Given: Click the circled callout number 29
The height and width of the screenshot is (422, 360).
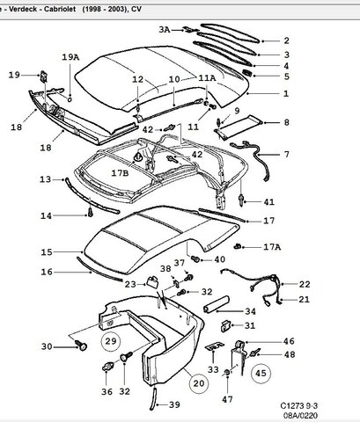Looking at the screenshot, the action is (x=111, y=341).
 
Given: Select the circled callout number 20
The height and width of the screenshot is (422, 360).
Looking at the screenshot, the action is (x=199, y=383).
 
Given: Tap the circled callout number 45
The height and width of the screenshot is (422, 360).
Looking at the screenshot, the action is (x=261, y=373).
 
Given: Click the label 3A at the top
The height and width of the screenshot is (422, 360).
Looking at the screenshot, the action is (x=165, y=30).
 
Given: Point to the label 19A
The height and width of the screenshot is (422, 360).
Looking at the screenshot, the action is (x=70, y=57).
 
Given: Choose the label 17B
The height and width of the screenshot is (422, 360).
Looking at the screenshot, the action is (x=120, y=173).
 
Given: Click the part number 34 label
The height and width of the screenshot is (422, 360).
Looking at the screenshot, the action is (x=250, y=311).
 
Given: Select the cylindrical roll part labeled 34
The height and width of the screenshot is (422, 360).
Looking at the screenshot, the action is (x=217, y=304).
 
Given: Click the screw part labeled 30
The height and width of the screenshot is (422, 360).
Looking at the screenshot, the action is (x=81, y=346).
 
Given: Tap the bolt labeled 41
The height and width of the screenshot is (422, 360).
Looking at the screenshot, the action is (x=242, y=200).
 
